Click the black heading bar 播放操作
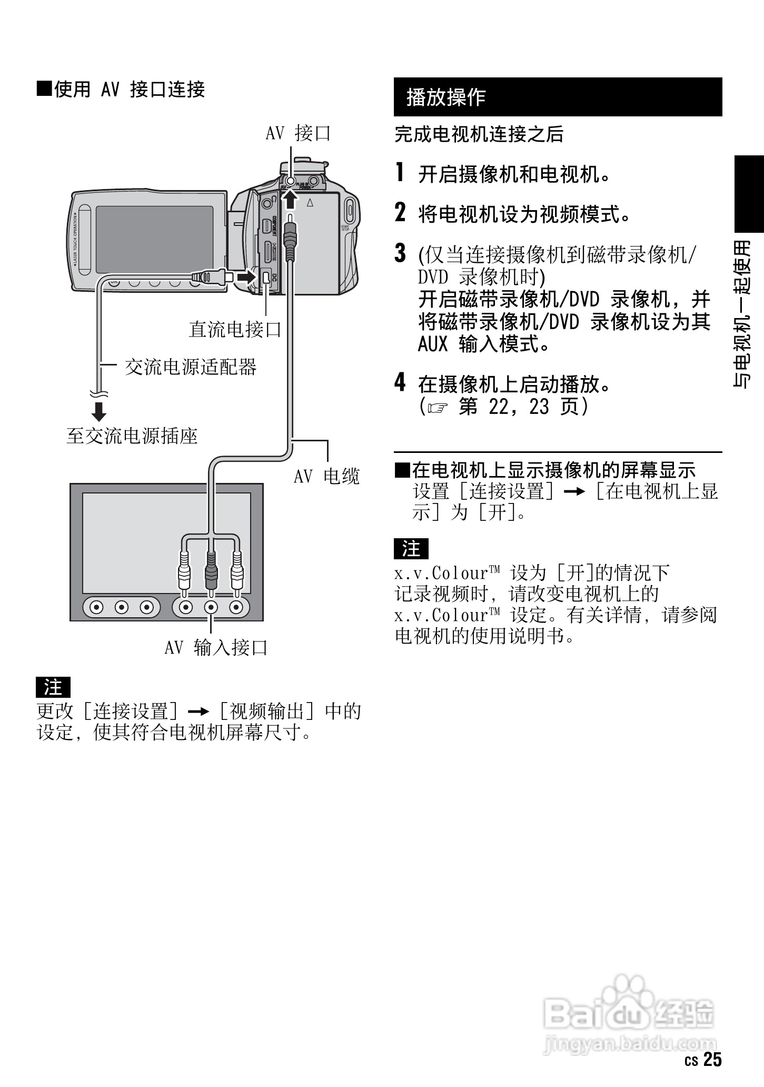pos(558,97)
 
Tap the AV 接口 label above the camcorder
pos(298,133)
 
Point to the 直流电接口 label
pos(235,330)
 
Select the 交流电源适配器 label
pos(191,367)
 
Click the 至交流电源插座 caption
pos(132,436)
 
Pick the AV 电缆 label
pos(326,476)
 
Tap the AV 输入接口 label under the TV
pos(216,647)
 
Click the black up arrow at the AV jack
pos(290,199)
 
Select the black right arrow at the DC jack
pos(244,276)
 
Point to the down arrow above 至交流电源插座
pos(99,411)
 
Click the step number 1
pos(400,172)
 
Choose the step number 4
pos(401,382)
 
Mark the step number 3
pos(401,253)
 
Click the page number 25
pos(713,1059)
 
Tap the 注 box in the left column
pos(53,687)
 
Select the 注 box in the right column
pos(411,549)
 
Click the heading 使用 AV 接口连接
pos(121,90)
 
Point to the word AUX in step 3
pos(432,344)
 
